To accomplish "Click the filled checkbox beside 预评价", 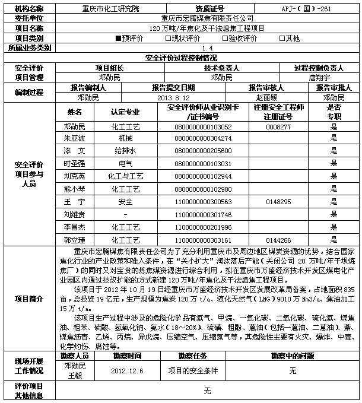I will (119, 39).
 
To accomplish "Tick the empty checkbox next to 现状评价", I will (167, 39).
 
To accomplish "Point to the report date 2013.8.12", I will (173, 97).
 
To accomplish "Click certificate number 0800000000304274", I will (203, 138).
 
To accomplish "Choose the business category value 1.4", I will (207, 48).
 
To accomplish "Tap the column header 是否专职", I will (334, 112).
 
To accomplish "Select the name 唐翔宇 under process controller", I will (320, 77).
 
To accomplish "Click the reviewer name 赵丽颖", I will (266, 97).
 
